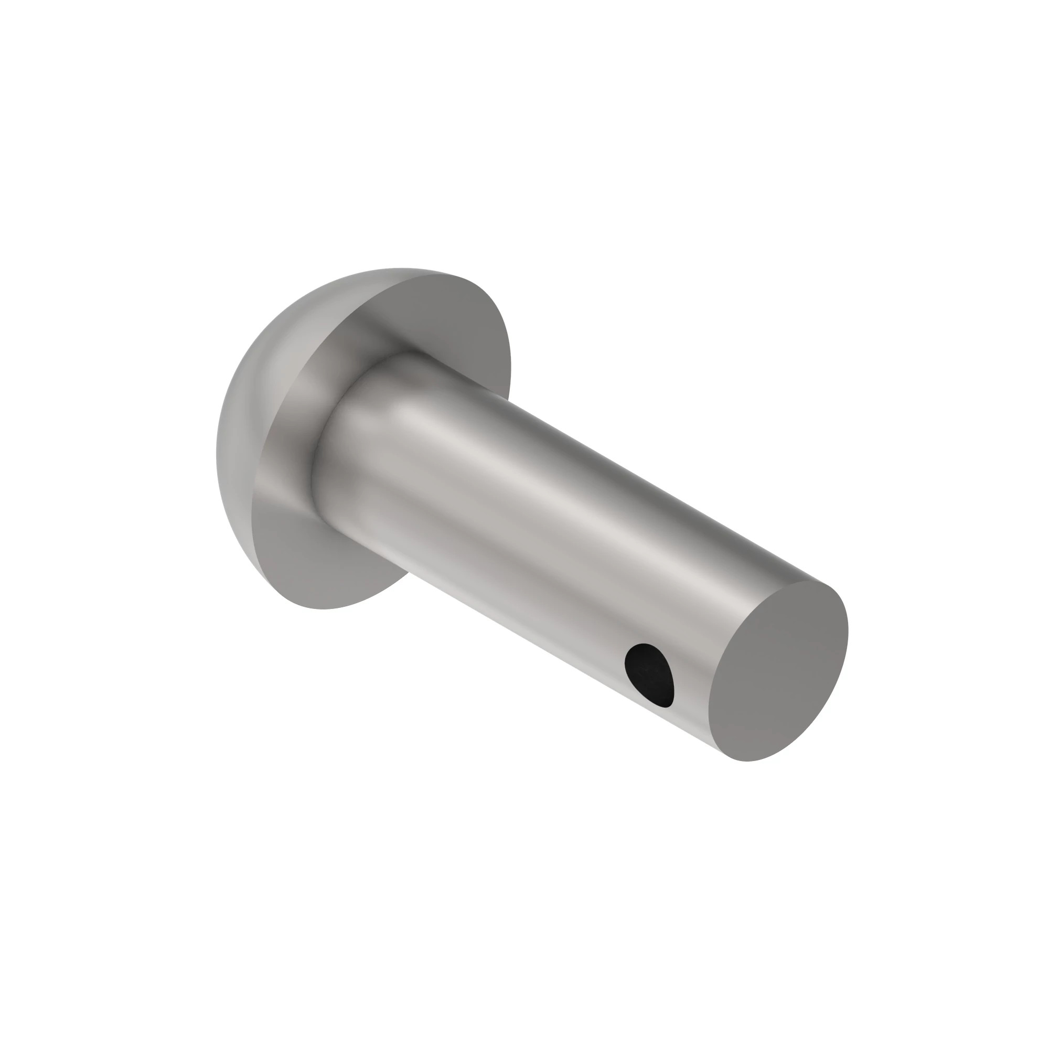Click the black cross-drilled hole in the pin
coord(649,675)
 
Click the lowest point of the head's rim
coord(326,608)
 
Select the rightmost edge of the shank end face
coord(848,635)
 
